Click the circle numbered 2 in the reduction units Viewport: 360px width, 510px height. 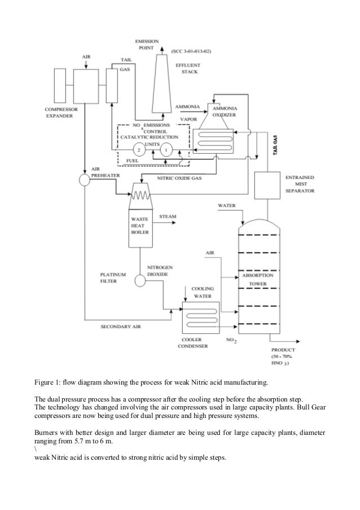(x=137, y=150)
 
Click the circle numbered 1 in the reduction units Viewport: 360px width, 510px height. (x=166, y=150)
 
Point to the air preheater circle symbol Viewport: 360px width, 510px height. (x=85, y=180)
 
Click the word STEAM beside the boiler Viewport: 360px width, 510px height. (x=169, y=216)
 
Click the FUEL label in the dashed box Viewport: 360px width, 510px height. (x=133, y=161)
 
